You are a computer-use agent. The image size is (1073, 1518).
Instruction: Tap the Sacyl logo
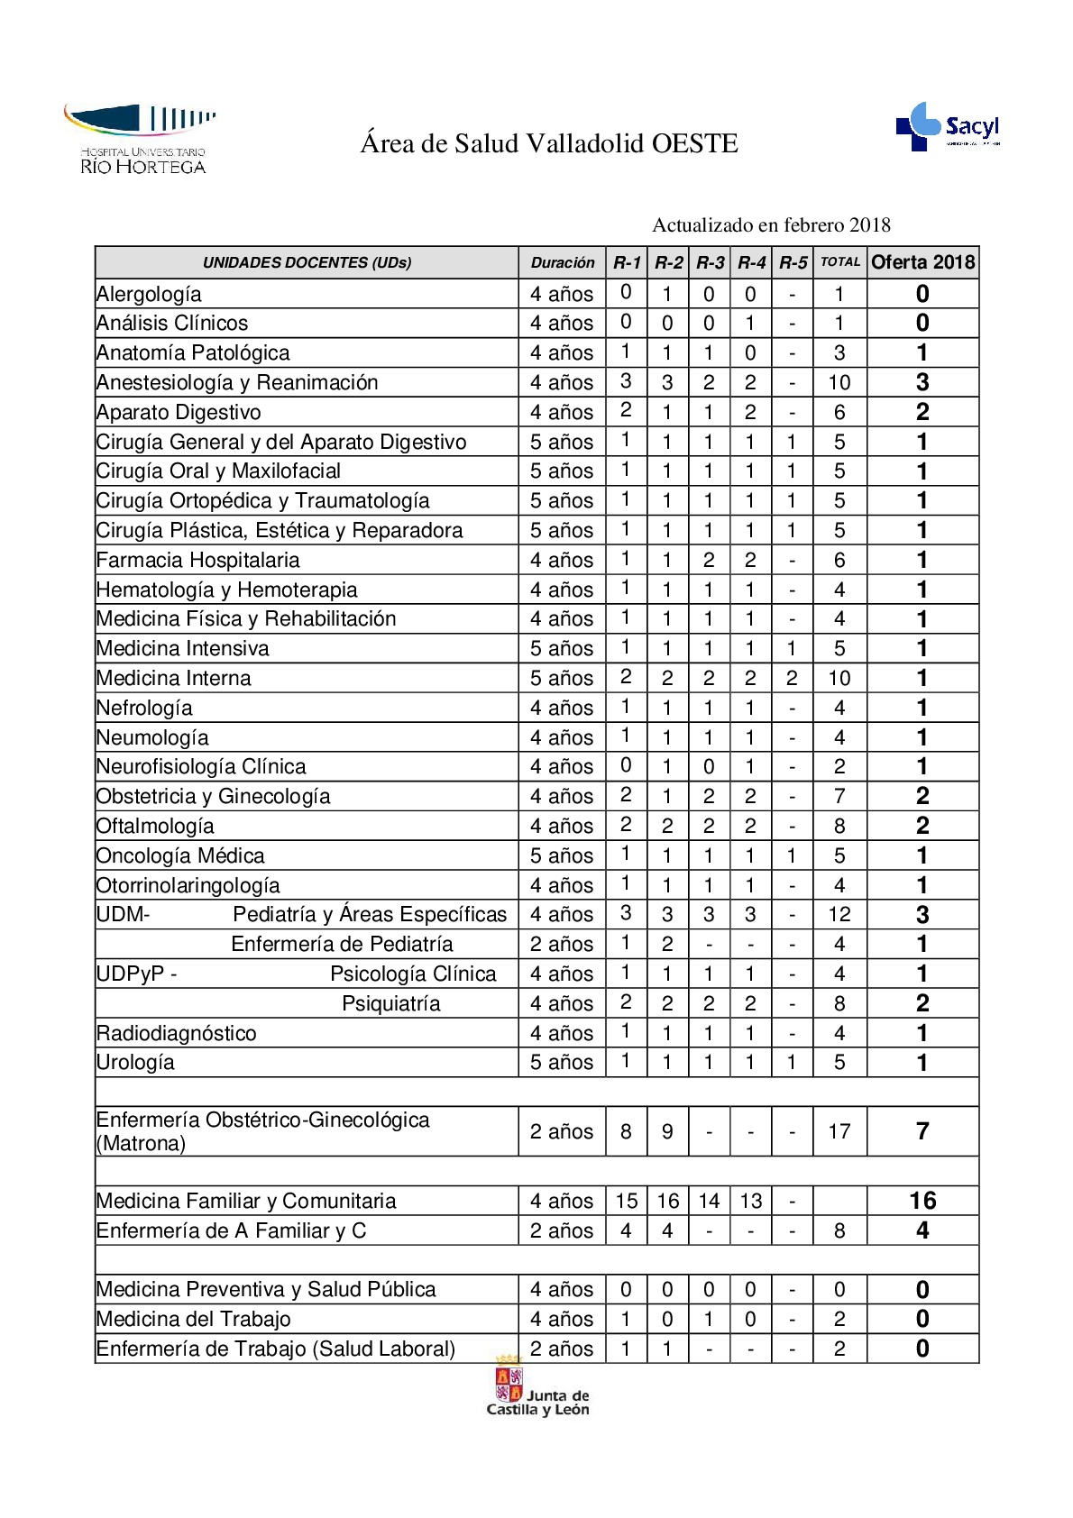[x=948, y=126]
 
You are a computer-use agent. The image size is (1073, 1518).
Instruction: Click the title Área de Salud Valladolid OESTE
[x=549, y=143]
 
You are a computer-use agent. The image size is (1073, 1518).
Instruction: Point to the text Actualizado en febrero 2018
[x=771, y=224]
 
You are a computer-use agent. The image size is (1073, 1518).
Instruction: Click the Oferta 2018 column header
[x=922, y=262]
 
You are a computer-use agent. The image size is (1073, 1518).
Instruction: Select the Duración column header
[x=562, y=263]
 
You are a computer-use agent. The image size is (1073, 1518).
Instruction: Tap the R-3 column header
[x=710, y=263]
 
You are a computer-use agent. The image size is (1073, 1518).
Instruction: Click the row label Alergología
[x=149, y=294]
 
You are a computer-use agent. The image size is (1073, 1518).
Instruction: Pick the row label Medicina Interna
[x=174, y=678]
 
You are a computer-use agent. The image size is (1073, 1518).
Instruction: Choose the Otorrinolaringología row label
[x=188, y=885]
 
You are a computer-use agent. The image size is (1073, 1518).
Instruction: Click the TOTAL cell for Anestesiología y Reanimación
[x=839, y=382]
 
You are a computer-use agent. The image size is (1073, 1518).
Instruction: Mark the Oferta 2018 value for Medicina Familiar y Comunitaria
[x=922, y=1201]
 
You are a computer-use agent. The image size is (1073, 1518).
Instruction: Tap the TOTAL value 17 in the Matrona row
[x=839, y=1131]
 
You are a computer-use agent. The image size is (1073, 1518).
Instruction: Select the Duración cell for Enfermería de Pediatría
[x=562, y=944]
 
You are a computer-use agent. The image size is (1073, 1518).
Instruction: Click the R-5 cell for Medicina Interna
[x=792, y=678]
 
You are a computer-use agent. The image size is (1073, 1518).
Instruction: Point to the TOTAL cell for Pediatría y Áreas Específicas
[x=839, y=914]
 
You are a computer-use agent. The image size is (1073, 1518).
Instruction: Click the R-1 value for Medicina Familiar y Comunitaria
[x=626, y=1201]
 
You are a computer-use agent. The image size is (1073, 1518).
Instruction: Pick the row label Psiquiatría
[x=391, y=1003]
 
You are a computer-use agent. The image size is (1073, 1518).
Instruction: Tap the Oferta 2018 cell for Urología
[x=922, y=1062]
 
